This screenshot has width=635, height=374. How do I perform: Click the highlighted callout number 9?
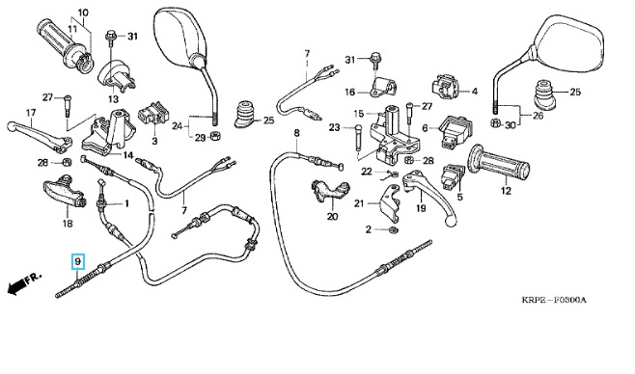point(78,261)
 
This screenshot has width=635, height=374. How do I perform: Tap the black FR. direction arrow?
point(16,287)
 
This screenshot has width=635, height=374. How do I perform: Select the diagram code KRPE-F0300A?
point(554,300)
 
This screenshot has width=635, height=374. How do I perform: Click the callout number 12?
point(507,191)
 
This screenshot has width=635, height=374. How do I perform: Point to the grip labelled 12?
point(499,163)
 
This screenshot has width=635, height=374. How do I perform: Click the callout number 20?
point(332,217)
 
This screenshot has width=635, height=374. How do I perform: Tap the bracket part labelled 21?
point(390,203)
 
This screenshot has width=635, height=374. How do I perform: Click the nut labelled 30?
point(494,122)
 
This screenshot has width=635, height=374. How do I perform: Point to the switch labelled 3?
point(152,113)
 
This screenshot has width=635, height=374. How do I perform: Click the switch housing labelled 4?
point(446,86)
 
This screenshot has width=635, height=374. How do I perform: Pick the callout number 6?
point(425,128)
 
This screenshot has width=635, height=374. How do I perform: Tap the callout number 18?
point(68,223)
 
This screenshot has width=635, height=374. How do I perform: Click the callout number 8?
point(297,133)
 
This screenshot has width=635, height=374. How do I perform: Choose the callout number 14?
point(128,155)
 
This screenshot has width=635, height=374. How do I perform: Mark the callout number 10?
point(83,13)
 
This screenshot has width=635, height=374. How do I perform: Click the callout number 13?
point(114,99)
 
